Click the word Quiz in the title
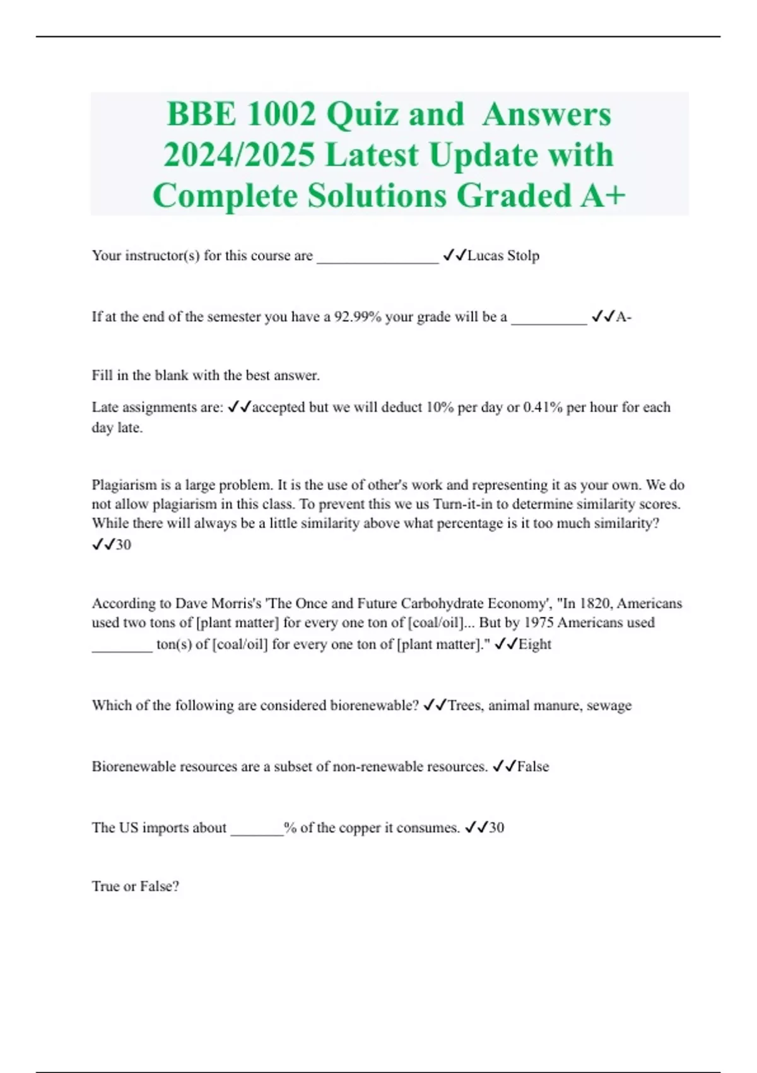tap(362, 115)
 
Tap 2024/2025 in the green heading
tap(239, 155)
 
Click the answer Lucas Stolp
tap(503, 256)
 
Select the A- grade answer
tap(623, 317)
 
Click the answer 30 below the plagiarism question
tap(123, 545)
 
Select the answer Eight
tap(534, 644)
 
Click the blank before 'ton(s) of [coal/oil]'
tap(122, 647)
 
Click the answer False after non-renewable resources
tap(533, 767)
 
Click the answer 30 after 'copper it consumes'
tap(496, 827)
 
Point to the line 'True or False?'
tap(135, 886)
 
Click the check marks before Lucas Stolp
tap(454, 255)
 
